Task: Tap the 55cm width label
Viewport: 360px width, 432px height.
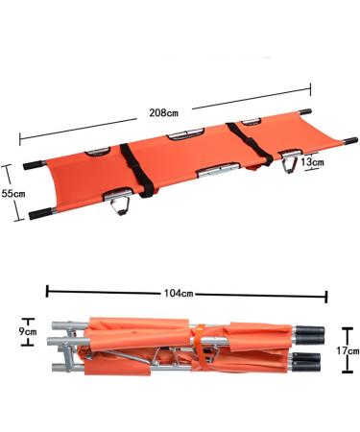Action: [12, 193]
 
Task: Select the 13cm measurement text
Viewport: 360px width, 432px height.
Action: [311, 162]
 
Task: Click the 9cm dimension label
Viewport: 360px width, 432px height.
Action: [30, 331]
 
